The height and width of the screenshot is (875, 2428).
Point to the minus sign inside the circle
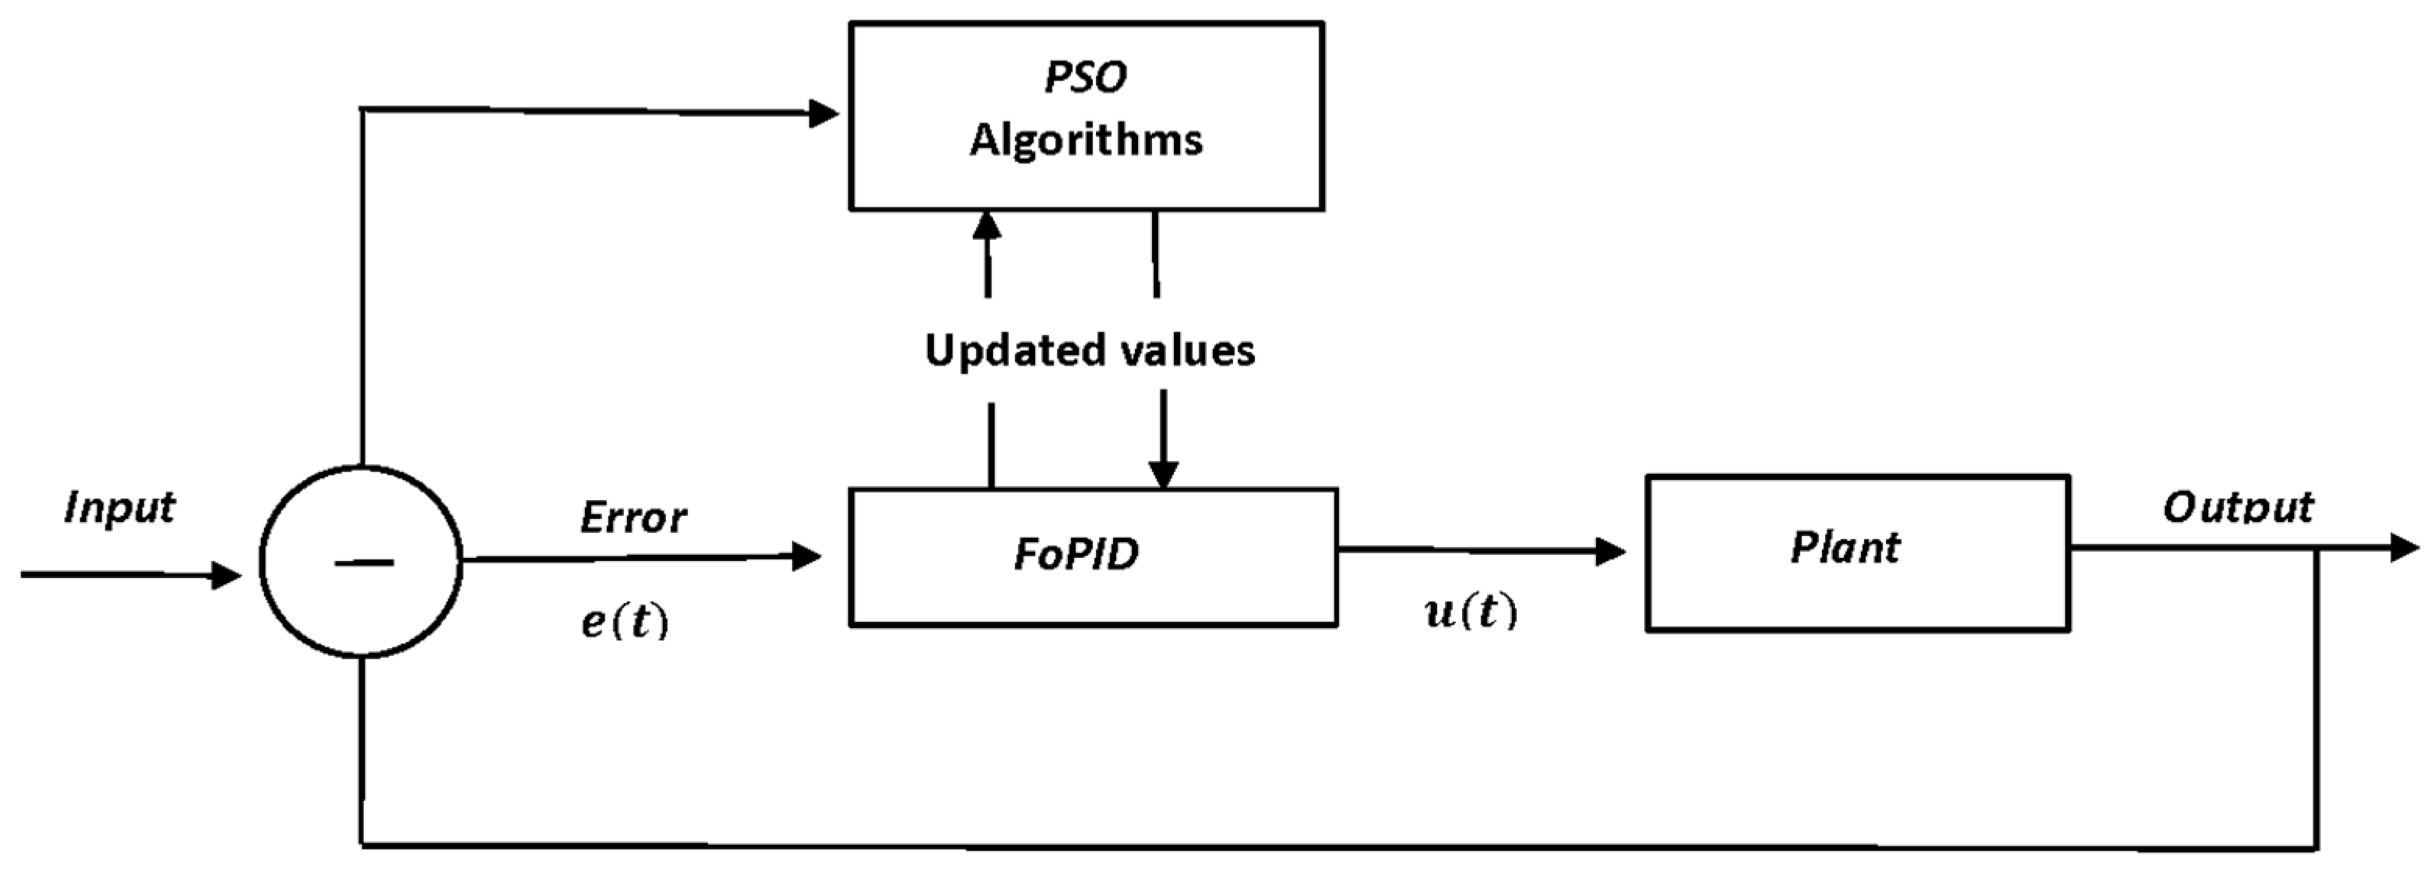click(x=363, y=563)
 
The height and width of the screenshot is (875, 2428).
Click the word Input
click(x=120, y=508)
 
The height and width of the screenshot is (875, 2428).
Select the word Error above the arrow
click(x=633, y=517)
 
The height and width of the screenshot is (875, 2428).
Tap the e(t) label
click(x=624, y=621)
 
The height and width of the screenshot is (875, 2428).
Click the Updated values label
click(x=1090, y=351)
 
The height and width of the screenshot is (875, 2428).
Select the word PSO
click(x=1085, y=76)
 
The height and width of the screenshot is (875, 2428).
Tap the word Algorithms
click(x=1086, y=139)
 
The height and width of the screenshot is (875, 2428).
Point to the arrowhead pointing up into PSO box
click(x=987, y=226)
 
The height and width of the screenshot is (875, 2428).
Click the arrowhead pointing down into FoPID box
click(x=1163, y=472)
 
